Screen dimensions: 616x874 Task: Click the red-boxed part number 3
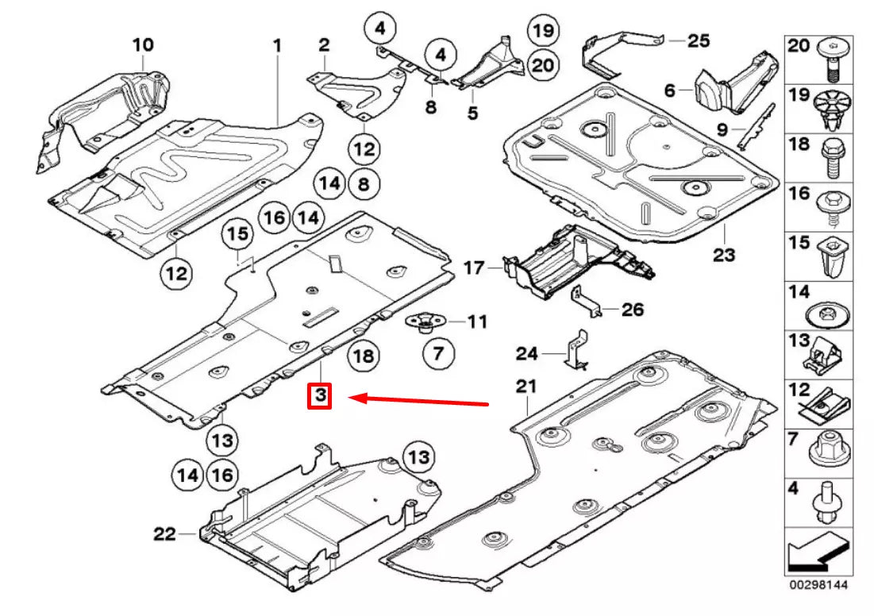coord(319,395)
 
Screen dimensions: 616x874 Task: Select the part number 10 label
coord(143,45)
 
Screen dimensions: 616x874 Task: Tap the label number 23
coord(724,256)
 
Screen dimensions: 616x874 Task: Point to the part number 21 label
coord(526,387)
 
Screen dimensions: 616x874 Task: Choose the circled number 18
coord(363,356)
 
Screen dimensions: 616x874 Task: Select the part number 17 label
coord(474,268)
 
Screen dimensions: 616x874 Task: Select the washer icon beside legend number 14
coord(830,314)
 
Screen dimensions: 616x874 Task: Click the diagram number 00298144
coord(818,585)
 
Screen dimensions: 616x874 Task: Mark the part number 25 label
coord(699,40)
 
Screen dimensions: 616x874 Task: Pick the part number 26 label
coord(633,310)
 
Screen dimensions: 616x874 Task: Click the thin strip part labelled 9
coord(755,125)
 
